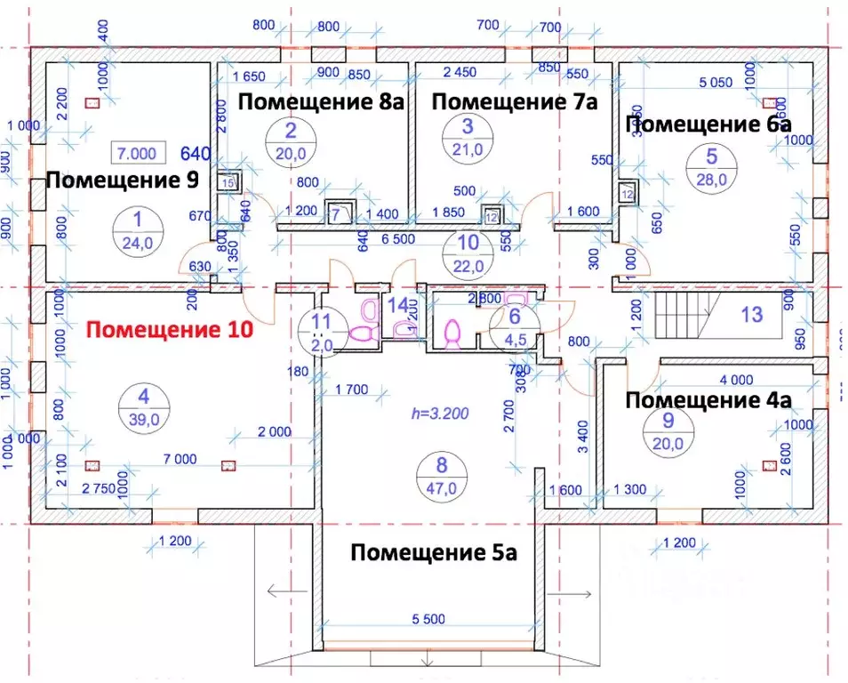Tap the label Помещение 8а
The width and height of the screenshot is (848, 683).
tap(322, 101)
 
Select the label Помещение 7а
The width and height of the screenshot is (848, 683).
tap(514, 101)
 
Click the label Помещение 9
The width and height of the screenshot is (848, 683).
tap(121, 181)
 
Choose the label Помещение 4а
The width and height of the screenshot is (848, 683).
tap(708, 400)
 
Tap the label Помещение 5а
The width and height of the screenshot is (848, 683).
tap(434, 553)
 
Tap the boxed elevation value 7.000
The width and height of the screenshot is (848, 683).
tap(135, 154)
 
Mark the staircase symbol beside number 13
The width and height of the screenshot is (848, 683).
tap(686, 315)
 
